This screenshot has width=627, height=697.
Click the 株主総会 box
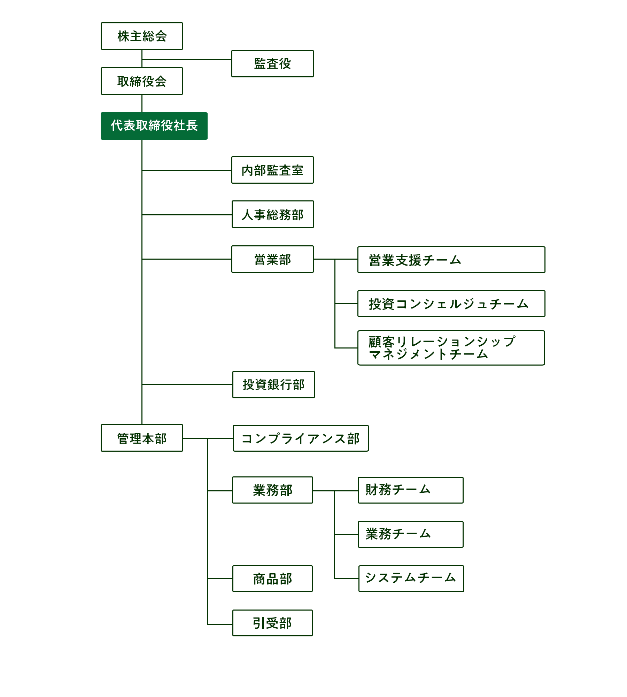tap(142, 36)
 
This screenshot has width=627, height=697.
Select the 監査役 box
tap(272, 63)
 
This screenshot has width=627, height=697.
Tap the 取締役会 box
tap(142, 81)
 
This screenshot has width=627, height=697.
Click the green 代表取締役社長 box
tap(154, 126)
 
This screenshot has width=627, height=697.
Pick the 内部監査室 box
tap(272, 170)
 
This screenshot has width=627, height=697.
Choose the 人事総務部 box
tap(273, 214)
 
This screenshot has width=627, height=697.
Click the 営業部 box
tap(272, 259)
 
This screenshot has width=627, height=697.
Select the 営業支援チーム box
tap(451, 260)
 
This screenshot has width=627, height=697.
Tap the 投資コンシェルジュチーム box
tap(451, 304)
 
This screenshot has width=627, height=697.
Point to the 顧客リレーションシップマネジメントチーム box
tap(451, 348)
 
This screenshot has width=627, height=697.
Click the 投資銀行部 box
tap(273, 384)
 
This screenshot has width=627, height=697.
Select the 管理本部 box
tap(142, 438)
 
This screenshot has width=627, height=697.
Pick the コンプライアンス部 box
tap(301, 438)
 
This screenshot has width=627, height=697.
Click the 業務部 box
tap(272, 490)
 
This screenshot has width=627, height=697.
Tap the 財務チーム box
tap(411, 490)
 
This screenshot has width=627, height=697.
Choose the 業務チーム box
tap(411, 534)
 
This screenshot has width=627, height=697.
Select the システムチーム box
tap(411, 579)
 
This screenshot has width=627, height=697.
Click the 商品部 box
tap(272, 579)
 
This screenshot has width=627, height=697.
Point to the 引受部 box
tap(272, 623)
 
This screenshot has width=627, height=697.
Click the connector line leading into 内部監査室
tap(187, 170)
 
